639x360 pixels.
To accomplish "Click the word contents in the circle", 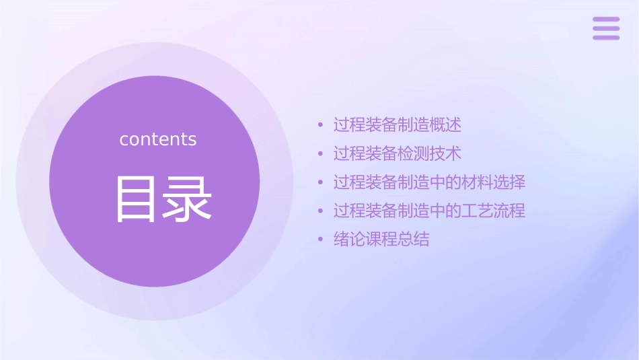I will [x=158, y=139].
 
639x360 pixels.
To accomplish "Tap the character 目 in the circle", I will [x=136, y=199].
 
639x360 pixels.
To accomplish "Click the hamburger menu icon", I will [x=606, y=28].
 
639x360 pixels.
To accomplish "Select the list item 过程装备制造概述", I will [x=398, y=124].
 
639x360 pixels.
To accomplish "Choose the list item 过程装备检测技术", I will [x=398, y=153].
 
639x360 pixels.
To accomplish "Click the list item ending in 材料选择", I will [x=429, y=182].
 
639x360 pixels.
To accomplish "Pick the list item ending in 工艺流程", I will [x=429, y=211].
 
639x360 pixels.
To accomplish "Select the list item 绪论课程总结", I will [x=381, y=240].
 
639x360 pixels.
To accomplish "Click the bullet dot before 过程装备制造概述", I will [x=321, y=125].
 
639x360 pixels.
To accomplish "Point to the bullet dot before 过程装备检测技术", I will [x=321, y=154].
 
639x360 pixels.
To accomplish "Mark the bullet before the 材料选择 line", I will [x=321, y=183].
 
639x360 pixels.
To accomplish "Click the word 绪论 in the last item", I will [x=350, y=240].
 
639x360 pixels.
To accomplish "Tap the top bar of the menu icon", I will [x=606, y=20].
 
